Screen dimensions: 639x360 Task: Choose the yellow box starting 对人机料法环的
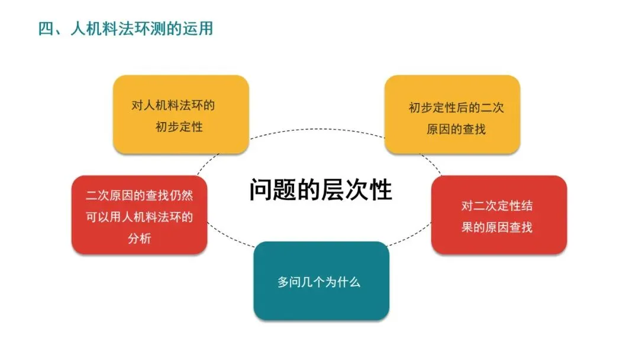(x=180, y=114)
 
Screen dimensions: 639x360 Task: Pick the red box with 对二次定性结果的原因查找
(x=499, y=215)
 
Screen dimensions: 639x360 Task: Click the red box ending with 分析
(x=139, y=215)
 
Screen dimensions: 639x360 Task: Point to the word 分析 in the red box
(x=139, y=239)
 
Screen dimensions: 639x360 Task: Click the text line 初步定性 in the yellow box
(x=179, y=127)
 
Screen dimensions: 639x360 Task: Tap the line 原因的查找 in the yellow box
(x=456, y=128)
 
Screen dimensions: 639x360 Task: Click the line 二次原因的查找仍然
(x=139, y=195)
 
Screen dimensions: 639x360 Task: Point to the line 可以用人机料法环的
(x=139, y=217)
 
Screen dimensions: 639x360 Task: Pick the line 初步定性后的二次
(x=456, y=108)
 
